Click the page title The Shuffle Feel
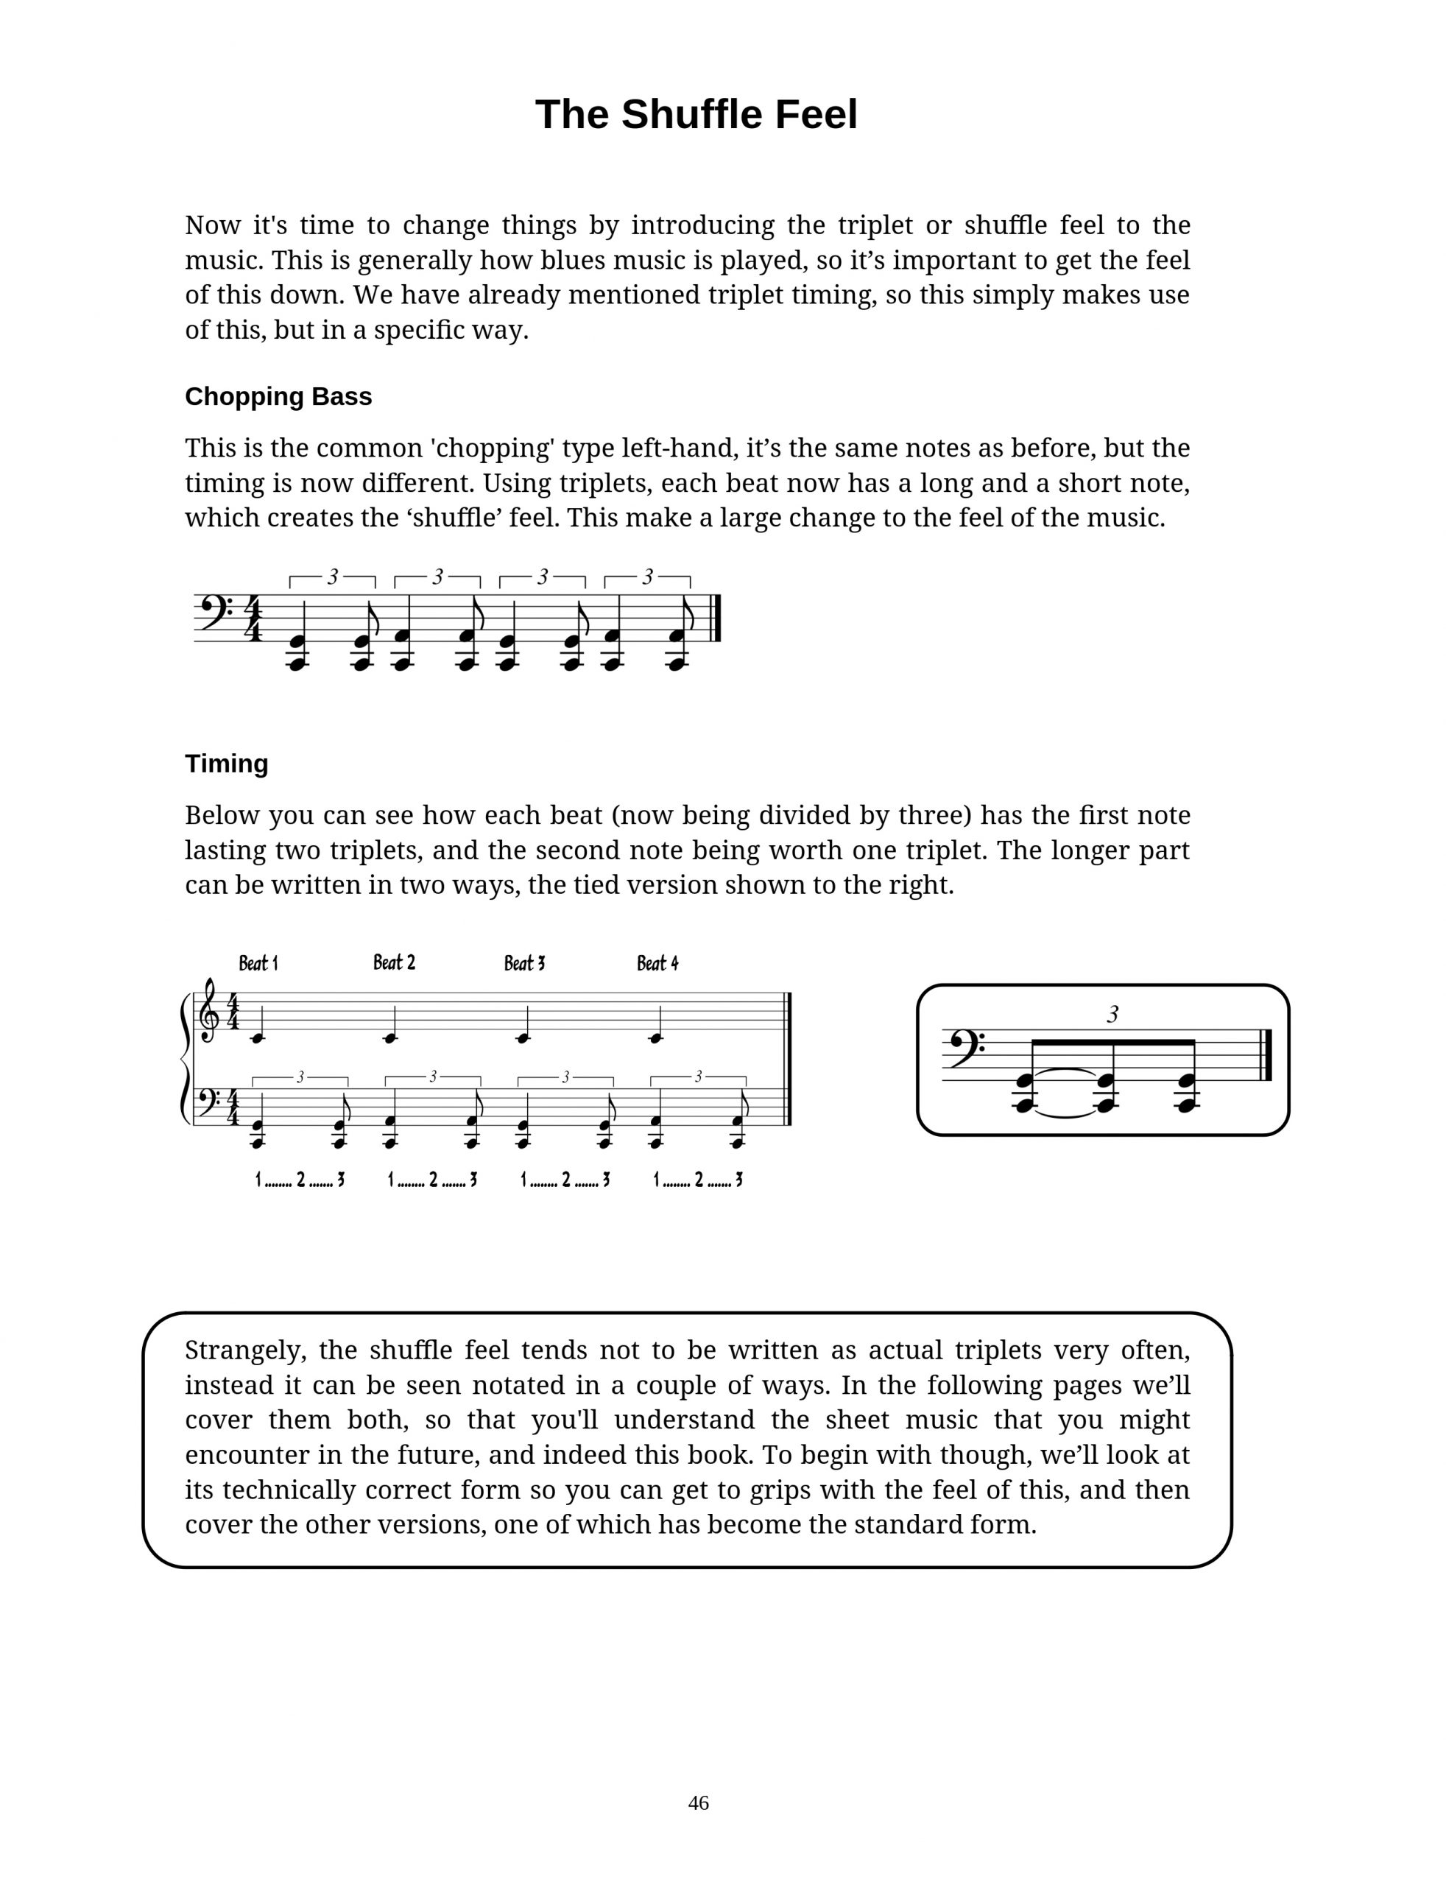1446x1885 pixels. [696, 114]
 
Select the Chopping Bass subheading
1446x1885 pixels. [278, 397]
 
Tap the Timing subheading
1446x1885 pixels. [226, 764]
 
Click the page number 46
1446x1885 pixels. [698, 1803]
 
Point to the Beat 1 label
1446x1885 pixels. [258, 963]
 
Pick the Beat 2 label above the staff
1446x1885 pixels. [394, 962]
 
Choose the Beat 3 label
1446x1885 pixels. [524, 963]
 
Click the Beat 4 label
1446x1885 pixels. [657, 963]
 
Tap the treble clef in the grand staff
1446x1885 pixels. [208, 1012]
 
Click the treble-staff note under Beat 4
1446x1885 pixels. [656, 1038]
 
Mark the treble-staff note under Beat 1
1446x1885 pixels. [258, 1038]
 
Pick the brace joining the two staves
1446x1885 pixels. [185, 1059]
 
